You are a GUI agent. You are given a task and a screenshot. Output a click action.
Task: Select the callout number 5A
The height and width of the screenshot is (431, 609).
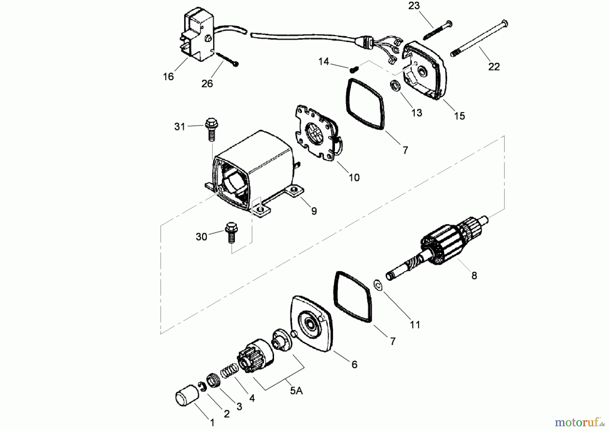tap(296, 391)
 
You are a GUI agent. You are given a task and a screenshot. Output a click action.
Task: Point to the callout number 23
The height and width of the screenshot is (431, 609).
tap(414, 6)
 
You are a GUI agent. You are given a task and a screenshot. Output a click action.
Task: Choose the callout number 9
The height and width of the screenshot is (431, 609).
tap(314, 211)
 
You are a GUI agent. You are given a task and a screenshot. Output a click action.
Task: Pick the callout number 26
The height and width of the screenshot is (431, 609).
tap(207, 83)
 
